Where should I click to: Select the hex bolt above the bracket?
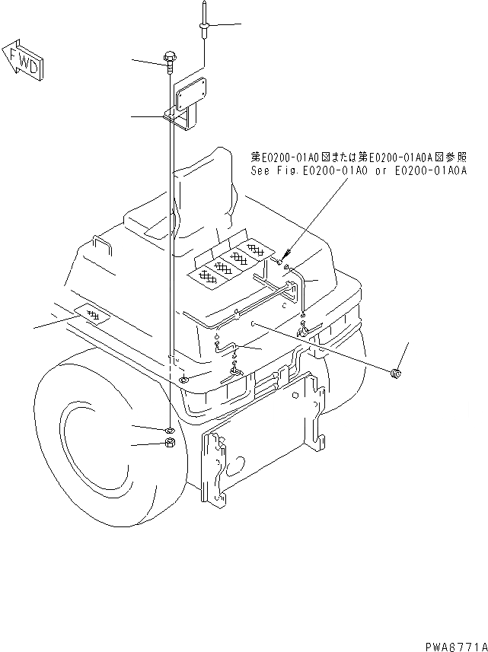169,59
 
